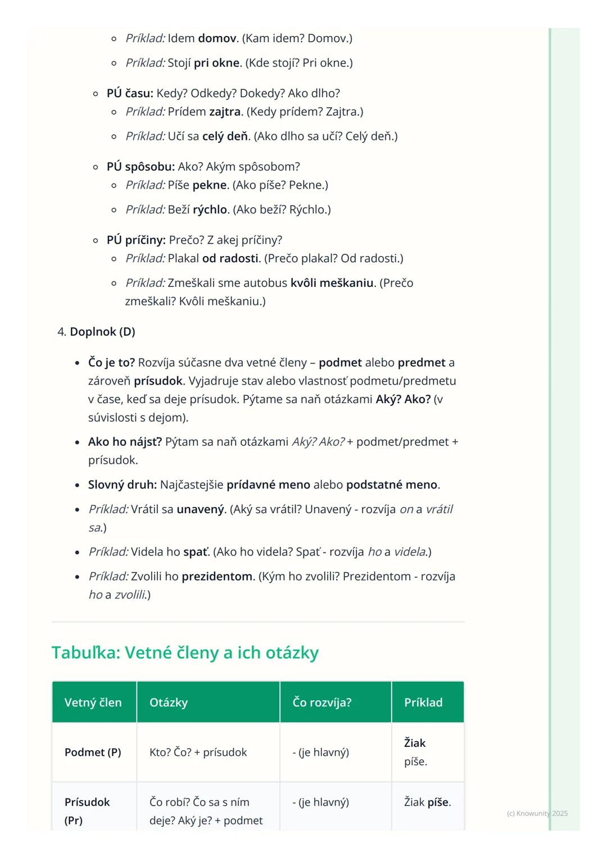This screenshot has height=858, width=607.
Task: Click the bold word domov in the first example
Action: coord(217,39)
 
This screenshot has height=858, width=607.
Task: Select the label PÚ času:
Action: coord(130,94)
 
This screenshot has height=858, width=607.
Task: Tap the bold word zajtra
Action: coord(225,112)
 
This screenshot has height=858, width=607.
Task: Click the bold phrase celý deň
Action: coord(225,136)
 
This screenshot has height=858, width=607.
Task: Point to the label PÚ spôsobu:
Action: coord(141,167)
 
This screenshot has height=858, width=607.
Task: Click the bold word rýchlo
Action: coord(210,210)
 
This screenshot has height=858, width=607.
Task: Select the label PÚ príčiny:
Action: coord(136,240)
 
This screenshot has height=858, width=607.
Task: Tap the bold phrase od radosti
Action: coord(231,258)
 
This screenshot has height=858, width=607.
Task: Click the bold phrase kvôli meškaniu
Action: coord(332,283)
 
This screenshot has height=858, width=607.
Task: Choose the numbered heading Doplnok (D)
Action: coord(102,332)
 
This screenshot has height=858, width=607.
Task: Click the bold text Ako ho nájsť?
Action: coord(125,442)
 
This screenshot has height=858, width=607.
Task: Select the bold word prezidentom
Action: coord(218,577)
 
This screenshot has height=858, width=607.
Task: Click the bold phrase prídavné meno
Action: coord(268,485)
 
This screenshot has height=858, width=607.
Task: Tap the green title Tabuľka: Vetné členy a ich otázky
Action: coord(185,653)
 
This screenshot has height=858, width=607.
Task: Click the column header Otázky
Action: coord(169,703)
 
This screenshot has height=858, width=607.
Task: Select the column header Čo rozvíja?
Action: coord(322,703)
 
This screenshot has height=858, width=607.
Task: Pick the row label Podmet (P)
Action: coord(93,752)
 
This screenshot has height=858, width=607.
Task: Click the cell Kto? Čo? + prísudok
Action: coord(198,752)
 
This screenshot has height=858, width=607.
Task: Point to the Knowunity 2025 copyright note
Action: coord(537,814)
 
